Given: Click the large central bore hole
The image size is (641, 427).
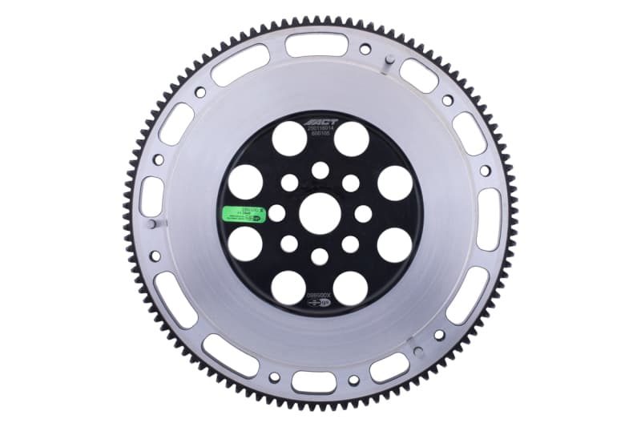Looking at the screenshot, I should (320, 213).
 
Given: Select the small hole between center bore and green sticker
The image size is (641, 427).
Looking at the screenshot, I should (276, 213).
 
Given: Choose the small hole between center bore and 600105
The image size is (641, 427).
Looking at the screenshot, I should (320, 170).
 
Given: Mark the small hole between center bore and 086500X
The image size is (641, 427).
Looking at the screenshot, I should (320, 256).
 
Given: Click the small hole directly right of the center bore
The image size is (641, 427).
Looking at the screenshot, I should (363, 213).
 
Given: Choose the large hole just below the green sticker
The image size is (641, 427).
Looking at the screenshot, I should (245, 244).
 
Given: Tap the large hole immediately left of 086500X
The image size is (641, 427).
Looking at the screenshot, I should (288, 288).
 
